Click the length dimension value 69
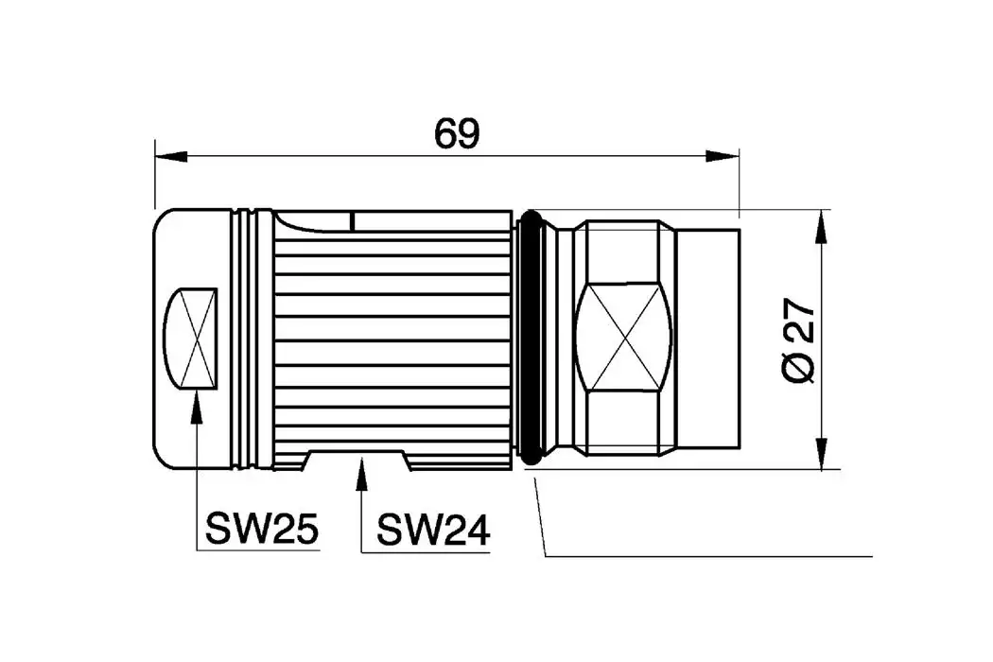pyautogui.click(x=457, y=134)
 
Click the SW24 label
pyautogui.click(x=433, y=530)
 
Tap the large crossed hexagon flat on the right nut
pyautogui.click(x=623, y=339)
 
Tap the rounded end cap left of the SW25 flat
pyautogui.click(x=161, y=338)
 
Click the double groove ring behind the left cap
pyautogui.click(x=247, y=339)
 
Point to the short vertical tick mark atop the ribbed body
pyautogui.click(x=351, y=221)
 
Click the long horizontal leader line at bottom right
pyautogui.click(x=709, y=557)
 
